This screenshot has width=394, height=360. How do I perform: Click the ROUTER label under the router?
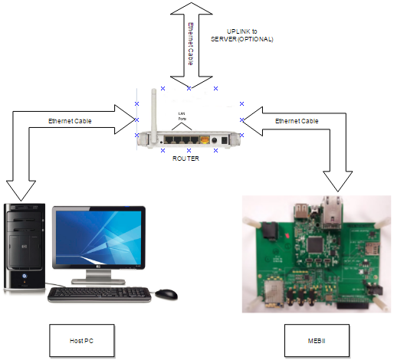186,158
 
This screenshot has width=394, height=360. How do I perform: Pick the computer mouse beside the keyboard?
166,294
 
